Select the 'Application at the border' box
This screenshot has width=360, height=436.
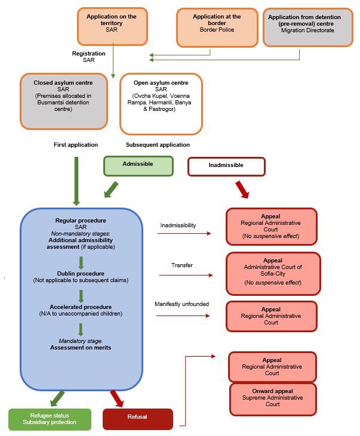click(217, 27)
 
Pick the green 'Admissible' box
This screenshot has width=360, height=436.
click(138, 165)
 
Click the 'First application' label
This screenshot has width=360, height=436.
click(75, 145)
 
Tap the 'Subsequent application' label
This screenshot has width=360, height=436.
click(158, 145)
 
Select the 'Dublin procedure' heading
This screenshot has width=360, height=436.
click(81, 274)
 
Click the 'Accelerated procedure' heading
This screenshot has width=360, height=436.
click(81, 307)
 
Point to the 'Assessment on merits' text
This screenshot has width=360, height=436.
click(81, 347)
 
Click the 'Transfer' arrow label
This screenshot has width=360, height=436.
click(182, 265)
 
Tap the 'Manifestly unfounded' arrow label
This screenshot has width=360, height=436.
click(181, 304)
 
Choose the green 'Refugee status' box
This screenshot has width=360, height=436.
click(50, 419)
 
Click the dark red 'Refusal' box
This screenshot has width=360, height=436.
click(137, 419)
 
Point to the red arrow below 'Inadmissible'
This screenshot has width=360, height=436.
click(241, 189)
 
